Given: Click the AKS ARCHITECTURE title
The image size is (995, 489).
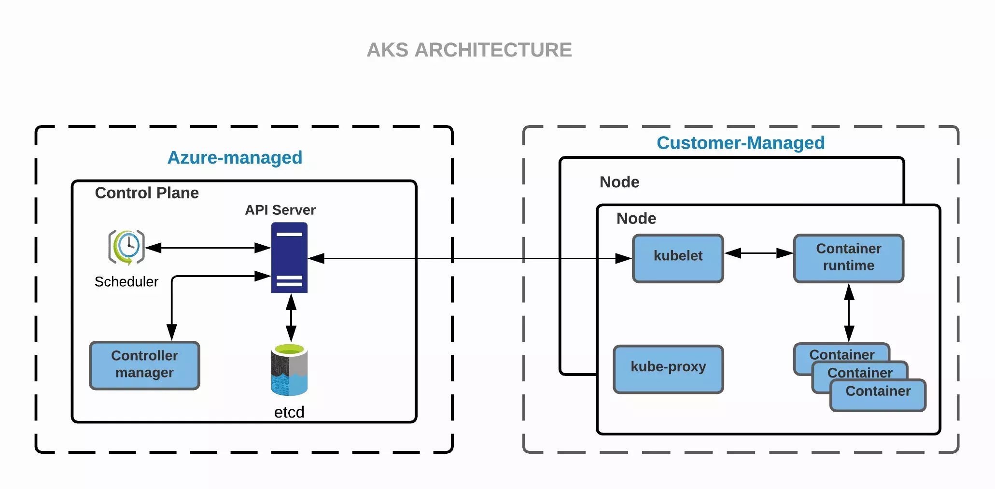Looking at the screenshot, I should pos(469,50).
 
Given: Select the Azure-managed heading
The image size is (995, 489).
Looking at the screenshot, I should pos(235,158).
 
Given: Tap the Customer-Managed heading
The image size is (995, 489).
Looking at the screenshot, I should pos(740,143).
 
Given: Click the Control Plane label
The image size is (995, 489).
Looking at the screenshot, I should pos(147,193).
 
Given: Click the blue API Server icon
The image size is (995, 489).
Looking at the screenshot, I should pos(289,257).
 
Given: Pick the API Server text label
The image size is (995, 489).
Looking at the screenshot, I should pos(280,210).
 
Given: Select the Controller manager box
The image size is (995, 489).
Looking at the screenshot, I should pos(144,365).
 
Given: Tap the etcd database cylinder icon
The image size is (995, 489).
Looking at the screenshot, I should pos(289,370).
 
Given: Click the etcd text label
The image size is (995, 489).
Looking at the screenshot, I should pos(289,412).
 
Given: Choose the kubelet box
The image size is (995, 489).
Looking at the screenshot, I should pos(678,258).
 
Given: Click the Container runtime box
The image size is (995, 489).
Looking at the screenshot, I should pos(848,258).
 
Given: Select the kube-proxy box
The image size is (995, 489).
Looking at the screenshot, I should pos(668,368).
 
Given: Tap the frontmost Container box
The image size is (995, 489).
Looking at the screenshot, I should pos(878,395).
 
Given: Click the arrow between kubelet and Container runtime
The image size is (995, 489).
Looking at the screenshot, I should pos(758,253).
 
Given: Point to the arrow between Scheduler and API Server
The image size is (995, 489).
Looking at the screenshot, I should pos(208,248).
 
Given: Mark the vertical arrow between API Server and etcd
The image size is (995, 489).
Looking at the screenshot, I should pos(291,318).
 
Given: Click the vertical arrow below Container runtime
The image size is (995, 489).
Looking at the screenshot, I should pos(849,313).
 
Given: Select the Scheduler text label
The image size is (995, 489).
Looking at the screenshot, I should pos(126,282).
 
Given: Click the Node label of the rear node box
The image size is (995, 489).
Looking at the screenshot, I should pos(619,182).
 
